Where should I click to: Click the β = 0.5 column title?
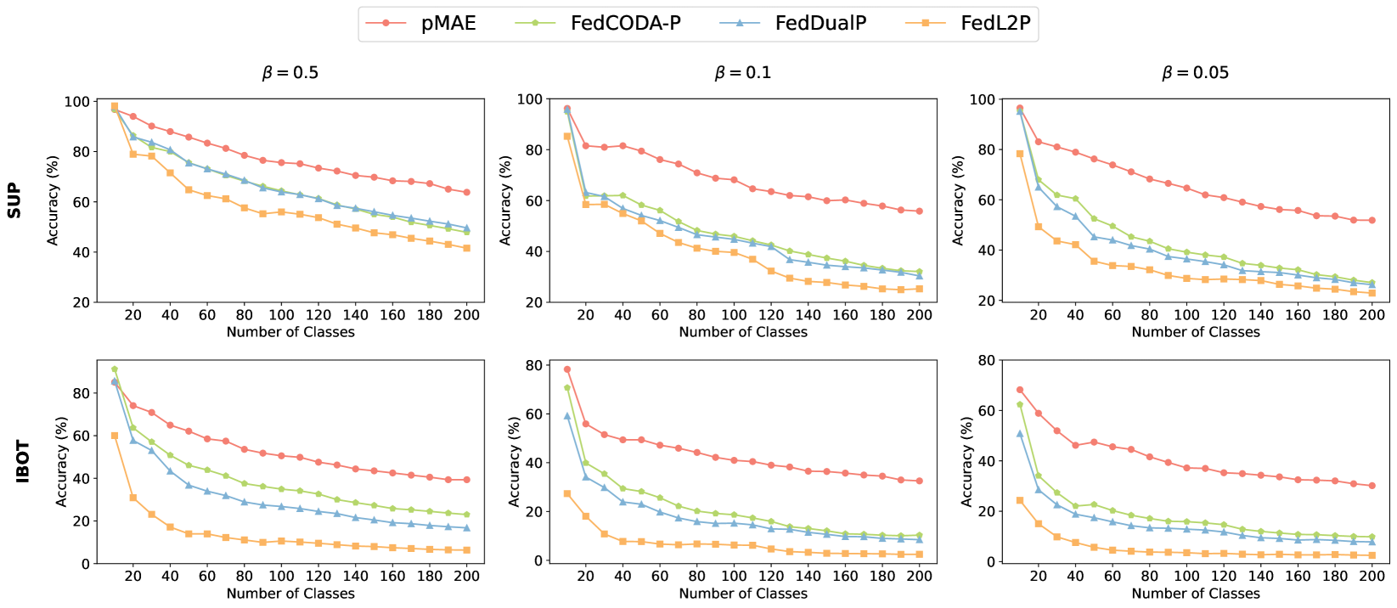(290, 73)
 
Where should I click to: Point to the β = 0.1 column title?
(743, 73)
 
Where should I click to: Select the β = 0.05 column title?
(1196, 73)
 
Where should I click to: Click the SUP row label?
(14, 201)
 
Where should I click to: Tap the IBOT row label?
(23, 461)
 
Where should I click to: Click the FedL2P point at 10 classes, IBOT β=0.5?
(115, 436)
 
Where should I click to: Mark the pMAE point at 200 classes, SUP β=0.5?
(466, 192)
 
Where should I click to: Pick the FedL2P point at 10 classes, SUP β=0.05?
(1019, 154)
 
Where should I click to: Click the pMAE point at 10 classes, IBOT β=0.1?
(567, 369)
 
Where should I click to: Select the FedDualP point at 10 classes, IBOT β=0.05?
(1019, 434)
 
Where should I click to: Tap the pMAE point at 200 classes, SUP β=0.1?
(919, 211)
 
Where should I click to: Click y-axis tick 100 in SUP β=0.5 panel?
(76, 102)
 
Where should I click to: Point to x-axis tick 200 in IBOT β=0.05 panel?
(1372, 576)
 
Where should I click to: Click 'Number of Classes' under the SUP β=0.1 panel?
(743, 332)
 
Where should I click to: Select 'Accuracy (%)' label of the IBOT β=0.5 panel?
(62, 461)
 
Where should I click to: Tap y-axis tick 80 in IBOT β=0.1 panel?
(534, 366)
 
